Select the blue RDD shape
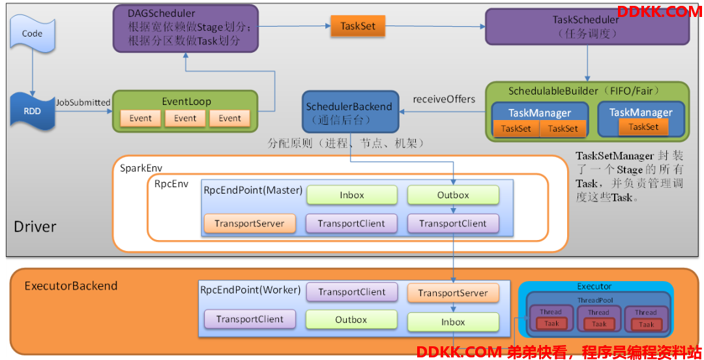pyautogui.click(x=33, y=111)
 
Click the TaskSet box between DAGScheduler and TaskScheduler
pyautogui.click(x=358, y=26)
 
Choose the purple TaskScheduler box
pyautogui.click(x=587, y=27)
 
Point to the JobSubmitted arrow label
pyautogui.click(x=83, y=102)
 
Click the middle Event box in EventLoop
pyautogui.click(x=185, y=118)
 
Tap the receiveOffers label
pyautogui.click(x=444, y=99)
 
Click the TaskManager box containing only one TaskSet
pyautogui.click(x=641, y=119)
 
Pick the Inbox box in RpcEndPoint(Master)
pyautogui.click(x=352, y=195)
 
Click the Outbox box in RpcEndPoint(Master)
pyautogui.click(x=453, y=195)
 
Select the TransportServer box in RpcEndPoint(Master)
pyautogui.click(x=250, y=224)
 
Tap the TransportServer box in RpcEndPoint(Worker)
pyautogui.click(x=453, y=293)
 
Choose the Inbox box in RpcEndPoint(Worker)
pyautogui.click(x=453, y=322)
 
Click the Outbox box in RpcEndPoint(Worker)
pyautogui.click(x=351, y=320)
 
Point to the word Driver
pyautogui.click(x=35, y=226)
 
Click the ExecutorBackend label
pyautogui.click(x=71, y=286)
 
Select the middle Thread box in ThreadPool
pyautogui.click(x=598, y=319)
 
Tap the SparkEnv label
pyautogui.click(x=141, y=168)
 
